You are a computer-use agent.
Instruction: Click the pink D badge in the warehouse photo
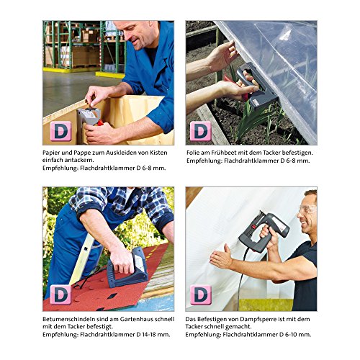[x=60, y=131]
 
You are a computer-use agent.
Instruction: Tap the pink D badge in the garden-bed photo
[x=201, y=131]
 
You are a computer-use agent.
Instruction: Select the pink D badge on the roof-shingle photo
[x=60, y=295]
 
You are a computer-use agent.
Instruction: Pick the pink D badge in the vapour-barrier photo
[x=201, y=295]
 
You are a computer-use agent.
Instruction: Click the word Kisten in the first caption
[x=158, y=153]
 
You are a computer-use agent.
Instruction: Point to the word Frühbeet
[x=229, y=153]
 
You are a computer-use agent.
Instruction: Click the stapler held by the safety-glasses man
[x=264, y=230]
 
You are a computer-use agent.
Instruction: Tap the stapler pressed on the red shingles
[x=127, y=267]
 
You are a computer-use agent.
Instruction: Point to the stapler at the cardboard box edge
[x=89, y=117]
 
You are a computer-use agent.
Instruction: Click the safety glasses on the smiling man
[x=307, y=210]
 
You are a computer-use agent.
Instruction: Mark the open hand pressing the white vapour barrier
[x=221, y=257]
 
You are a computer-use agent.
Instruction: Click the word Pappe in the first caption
[x=81, y=153]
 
